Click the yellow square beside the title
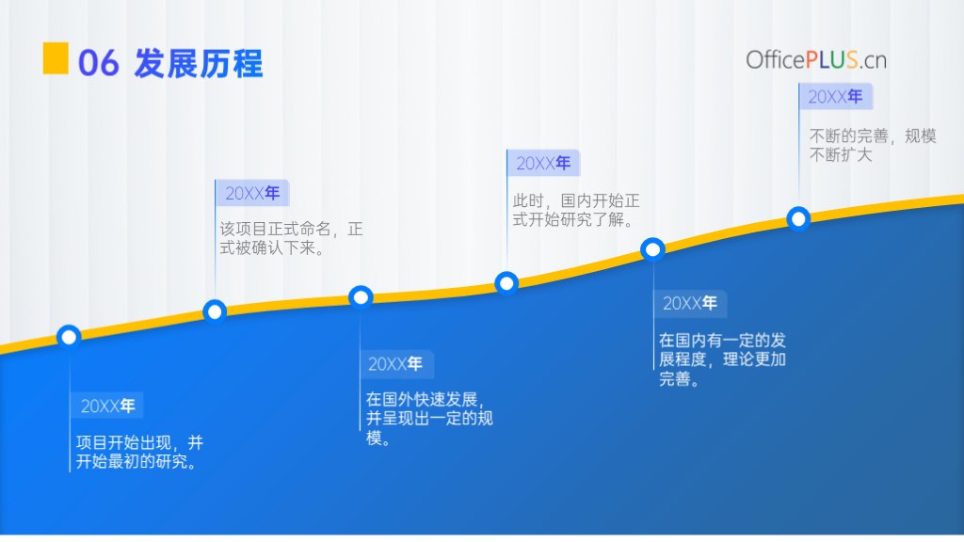56,58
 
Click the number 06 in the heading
98,63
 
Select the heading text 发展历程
198,63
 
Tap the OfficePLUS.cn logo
816,60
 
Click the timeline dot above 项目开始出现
69,337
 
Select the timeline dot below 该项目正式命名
215,312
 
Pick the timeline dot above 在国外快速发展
361,297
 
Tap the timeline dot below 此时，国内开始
506,283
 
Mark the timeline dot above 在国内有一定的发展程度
652,249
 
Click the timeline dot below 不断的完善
798,218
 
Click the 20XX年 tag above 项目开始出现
107,406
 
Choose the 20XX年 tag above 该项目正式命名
252,194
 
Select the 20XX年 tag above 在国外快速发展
397,364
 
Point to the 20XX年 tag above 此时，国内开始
543,163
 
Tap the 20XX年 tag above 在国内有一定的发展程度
690,303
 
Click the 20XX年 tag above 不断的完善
836,97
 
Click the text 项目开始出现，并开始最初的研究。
139,452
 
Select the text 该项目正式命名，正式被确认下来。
292,238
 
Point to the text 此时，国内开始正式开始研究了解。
576,210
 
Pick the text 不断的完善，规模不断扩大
873,145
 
